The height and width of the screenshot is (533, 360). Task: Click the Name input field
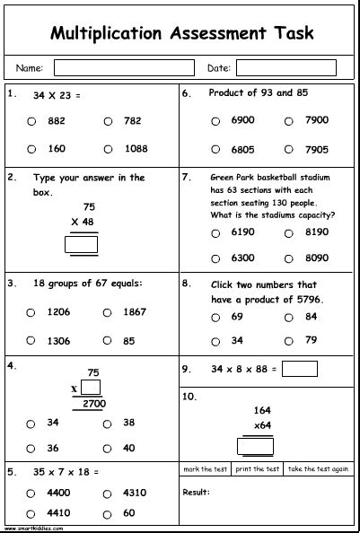(x=118, y=67)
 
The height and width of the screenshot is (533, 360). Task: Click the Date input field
(x=273, y=67)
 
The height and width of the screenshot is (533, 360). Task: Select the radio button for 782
(x=108, y=121)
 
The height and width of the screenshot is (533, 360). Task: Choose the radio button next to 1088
(x=108, y=149)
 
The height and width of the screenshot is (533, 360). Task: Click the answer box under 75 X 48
(x=82, y=243)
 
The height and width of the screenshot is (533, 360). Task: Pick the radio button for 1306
(x=31, y=340)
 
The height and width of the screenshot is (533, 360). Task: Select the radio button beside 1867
(x=108, y=312)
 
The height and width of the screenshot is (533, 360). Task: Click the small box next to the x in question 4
(x=89, y=387)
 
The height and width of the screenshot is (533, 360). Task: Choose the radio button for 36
(x=31, y=448)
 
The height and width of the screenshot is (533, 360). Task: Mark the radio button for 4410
(x=31, y=513)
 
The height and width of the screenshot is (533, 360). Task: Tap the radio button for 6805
(x=215, y=149)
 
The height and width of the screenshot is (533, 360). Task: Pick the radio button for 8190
(x=289, y=232)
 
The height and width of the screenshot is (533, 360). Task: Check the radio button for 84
(x=289, y=317)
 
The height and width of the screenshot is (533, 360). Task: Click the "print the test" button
(x=257, y=469)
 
